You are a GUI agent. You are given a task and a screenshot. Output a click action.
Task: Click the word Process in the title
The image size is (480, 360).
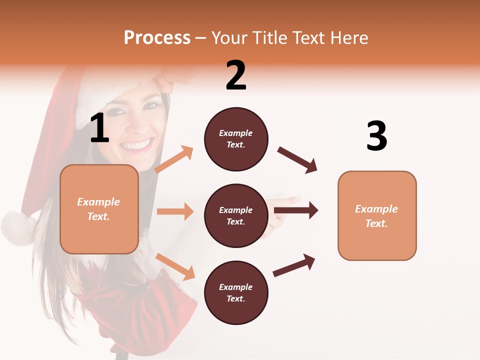pyautogui.click(x=157, y=37)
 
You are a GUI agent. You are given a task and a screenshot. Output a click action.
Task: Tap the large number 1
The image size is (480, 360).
pyautogui.click(x=99, y=128)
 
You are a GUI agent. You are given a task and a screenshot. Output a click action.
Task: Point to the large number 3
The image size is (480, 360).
pyautogui.click(x=376, y=136)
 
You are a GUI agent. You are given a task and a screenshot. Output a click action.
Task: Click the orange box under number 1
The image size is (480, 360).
pyautogui.click(x=99, y=209)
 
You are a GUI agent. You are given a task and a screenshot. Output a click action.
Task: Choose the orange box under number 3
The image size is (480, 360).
pyautogui.click(x=377, y=215)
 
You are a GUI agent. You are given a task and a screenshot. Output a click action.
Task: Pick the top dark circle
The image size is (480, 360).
pyautogui.click(x=236, y=139)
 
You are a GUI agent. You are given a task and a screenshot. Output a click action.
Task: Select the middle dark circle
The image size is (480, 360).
pyautogui.click(x=236, y=215)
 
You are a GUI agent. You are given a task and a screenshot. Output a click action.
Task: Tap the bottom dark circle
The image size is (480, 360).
pyautogui.click(x=236, y=292)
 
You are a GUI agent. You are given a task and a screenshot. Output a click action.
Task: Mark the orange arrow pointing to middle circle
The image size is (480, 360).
pyautogui.click(x=175, y=211)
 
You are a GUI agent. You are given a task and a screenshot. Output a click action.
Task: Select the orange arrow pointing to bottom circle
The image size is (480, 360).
pyautogui.click(x=175, y=266)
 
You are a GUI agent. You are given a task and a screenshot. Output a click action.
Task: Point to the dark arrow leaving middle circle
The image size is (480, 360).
pyautogui.click(x=296, y=210)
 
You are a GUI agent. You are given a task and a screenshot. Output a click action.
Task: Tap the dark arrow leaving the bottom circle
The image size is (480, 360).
pyautogui.click(x=294, y=265)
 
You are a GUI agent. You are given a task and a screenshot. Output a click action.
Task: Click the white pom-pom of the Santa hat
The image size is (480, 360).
pyautogui.click(x=17, y=227)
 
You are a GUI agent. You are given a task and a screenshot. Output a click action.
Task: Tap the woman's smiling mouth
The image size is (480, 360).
pyautogui.click(x=136, y=145)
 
